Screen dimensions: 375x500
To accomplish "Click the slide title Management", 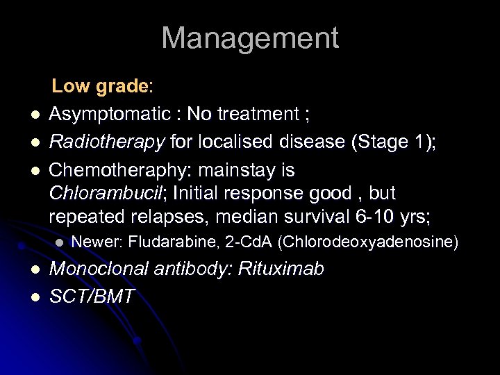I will tap(250, 38).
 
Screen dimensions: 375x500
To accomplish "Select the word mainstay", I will tap(247, 170).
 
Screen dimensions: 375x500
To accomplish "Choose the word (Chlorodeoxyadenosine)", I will tap(368, 242).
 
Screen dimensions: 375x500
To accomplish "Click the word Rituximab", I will tap(281, 269).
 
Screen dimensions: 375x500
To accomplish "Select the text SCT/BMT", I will tap(92, 297).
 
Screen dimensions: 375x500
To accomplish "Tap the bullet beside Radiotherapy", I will tap(33, 143).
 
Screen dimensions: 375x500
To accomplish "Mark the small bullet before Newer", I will tap(60, 243).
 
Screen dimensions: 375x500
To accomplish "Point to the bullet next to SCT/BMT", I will tap(33, 298).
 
